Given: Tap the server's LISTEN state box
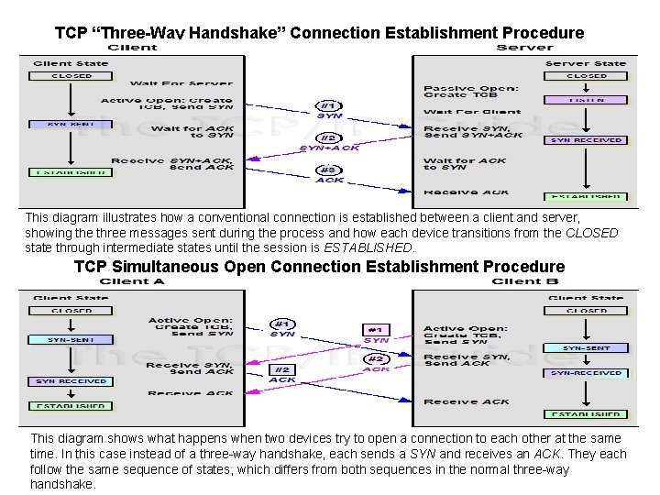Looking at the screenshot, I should point(586,99).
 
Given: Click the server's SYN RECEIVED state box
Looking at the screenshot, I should point(586,140).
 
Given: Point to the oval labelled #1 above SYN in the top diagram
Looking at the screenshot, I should point(329,104).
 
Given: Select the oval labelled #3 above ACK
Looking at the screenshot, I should point(329,170).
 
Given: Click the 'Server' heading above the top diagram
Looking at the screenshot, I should point(524,48).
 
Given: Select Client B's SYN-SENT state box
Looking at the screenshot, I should point(586,348).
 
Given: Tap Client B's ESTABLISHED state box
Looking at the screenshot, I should point(586,414).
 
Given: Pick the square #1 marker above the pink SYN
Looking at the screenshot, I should point(376,329).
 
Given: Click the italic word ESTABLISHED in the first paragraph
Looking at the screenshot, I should point(368,247).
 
